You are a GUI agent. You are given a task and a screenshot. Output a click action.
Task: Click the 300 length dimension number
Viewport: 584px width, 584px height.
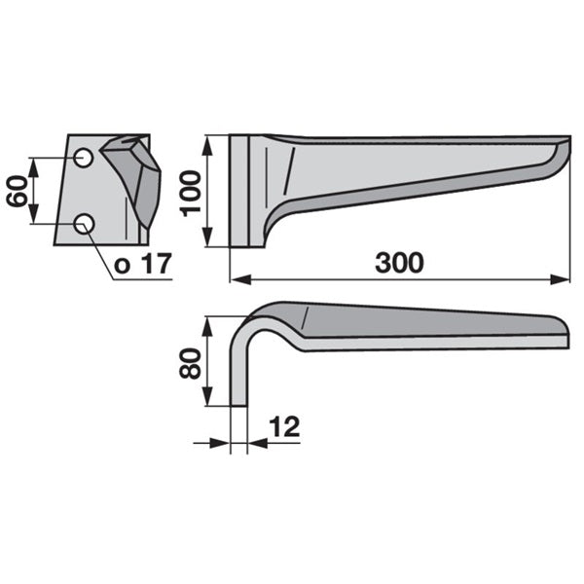coord(399,263)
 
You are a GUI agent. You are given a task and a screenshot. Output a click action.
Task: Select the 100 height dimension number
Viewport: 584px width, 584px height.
coord(190,193)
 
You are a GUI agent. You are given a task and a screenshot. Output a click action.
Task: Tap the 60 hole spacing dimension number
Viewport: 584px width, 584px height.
coord(18,191)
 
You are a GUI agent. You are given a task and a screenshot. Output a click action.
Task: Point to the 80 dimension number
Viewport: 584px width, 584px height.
coord(190,363)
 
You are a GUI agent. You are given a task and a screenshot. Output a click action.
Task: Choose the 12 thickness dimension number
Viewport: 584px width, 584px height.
coord(284,427)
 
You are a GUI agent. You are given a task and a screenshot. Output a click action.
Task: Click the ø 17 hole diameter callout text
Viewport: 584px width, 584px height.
coord(143,264)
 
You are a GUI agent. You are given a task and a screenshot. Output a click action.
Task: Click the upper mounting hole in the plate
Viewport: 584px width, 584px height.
coord(83,158)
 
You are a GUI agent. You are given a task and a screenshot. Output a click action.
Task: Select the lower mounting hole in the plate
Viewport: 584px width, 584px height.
coord(84,224)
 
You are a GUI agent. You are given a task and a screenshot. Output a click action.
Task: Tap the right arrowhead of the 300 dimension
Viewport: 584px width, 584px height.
coord(560,279)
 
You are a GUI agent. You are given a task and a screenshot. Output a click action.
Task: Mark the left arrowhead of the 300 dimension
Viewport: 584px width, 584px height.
coord(240,279)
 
